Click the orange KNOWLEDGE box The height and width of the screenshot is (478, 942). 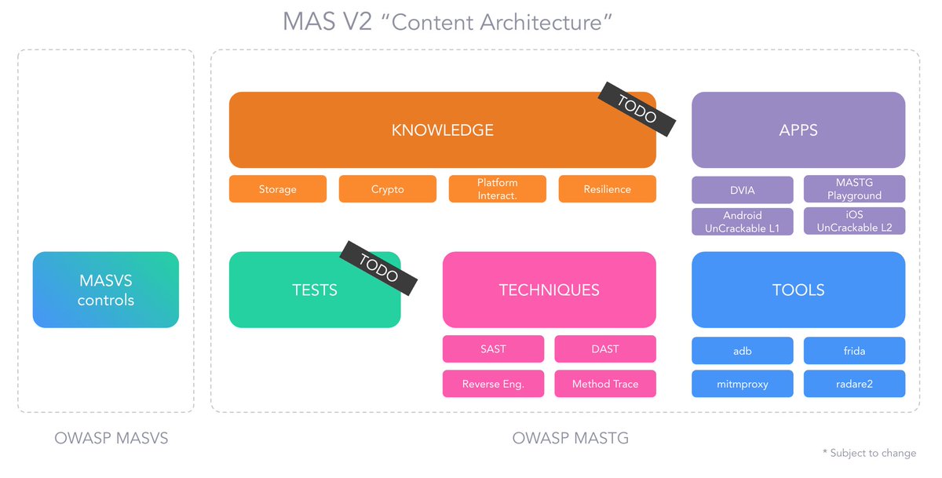pyautogui.click(x=442, y=130)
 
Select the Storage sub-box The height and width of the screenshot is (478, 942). pyautogui.click(x=277, y=189)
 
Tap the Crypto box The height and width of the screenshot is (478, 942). pyautogui.click(x=387, y=189)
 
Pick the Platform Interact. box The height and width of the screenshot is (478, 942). pyautogui.click(x=497, y=189)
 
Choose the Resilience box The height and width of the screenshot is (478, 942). pyautogui.click(x=607, y=189)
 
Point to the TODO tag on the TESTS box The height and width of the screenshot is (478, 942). pyautogui.click(x=378, y=268)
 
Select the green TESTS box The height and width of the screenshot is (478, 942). pyautogui.click(x=314, y=290)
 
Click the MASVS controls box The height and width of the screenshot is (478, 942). pyautogui.click(x=106, y=290)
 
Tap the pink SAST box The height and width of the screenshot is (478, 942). pyautogui.click(x=493, y=349)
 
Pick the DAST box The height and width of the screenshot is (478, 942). pyautogui.click(x=604, y=349)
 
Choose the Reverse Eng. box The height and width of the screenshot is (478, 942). pyautogui.click(x=493, y=384)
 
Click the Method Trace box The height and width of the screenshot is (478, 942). pyautogui.click(x=604, y=384)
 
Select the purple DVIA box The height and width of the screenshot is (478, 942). pyautogui.click(x=742, y=190)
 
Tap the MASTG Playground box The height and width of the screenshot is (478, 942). pyautogui.click(x=854, y=189)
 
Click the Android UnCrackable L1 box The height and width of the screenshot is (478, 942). pyautogui.click(x=742, y=221)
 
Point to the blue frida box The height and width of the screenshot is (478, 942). pyautogui.click(x=854, y=351)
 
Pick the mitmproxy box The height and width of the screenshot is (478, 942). pyautogui.click(x=742, y=384)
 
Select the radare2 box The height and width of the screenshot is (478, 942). pyautogui.click(x=854, y=384)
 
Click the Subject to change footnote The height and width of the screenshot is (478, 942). pyautogui.click(x=869, y=453)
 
